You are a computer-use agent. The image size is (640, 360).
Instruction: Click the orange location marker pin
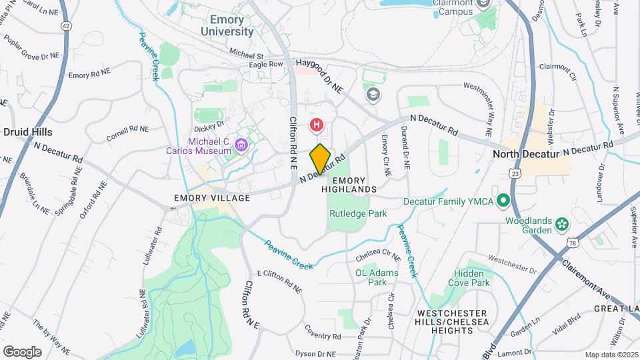[320, 159]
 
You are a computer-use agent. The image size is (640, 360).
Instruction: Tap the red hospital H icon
[317, 124]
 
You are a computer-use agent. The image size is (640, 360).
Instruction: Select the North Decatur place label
[525, 154]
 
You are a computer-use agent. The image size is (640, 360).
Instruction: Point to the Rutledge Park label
[357, 214]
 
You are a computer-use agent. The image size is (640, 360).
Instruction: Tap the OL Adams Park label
[377, 277]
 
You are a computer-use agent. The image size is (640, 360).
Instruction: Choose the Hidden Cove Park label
[472, 278]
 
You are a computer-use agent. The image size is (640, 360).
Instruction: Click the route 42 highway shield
[65, 25]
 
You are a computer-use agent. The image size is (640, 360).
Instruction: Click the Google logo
[22, 351]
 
